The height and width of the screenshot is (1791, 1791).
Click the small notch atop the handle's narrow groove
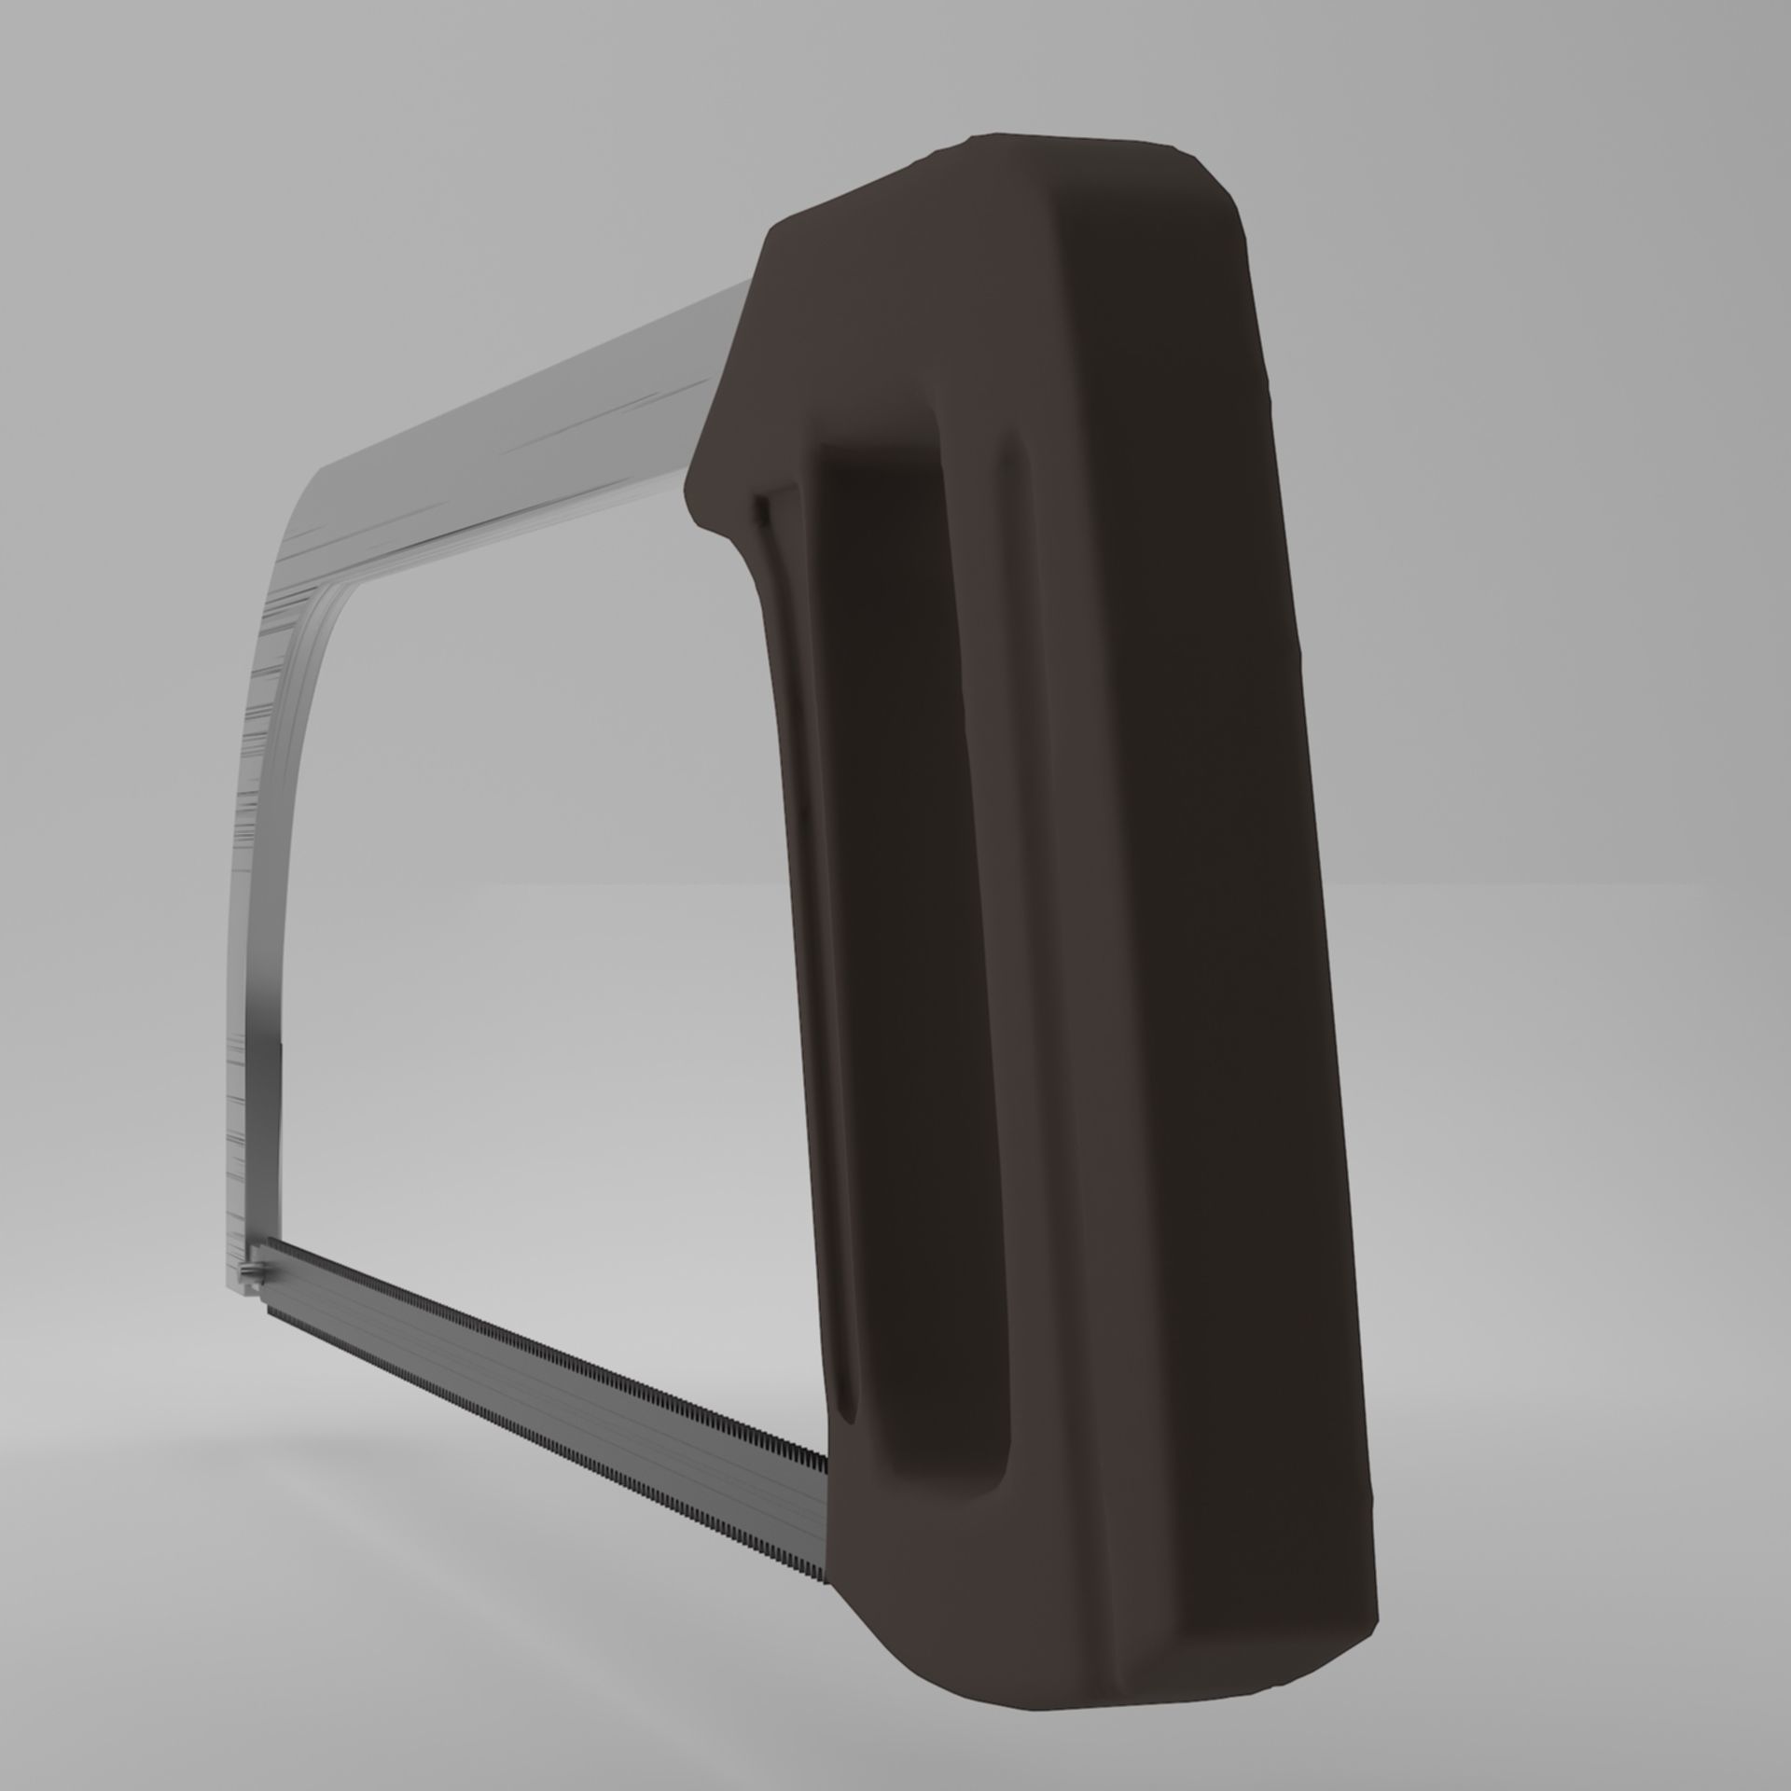point(762,508)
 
